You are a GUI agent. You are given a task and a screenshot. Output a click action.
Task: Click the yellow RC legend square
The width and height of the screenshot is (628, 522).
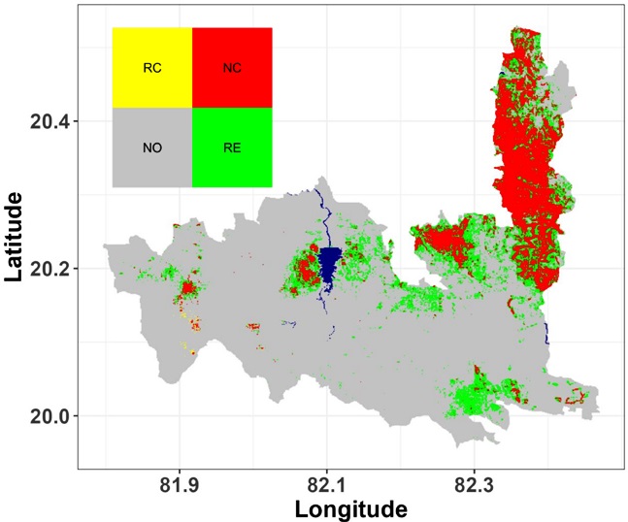(151, 67)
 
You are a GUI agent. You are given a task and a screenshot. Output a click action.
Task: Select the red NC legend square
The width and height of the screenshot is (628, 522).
(232, 67)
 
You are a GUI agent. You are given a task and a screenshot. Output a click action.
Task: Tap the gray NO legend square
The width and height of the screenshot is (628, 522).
(151, 147)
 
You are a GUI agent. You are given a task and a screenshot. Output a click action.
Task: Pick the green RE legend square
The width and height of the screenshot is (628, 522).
(232, 147)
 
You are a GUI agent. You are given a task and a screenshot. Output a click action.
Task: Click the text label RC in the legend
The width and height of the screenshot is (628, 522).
(151, 69)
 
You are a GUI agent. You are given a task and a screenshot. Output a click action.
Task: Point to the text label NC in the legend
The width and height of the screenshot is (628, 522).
(232, 69)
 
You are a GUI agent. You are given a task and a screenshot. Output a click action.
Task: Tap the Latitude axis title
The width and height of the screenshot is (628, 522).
(16, 238)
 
